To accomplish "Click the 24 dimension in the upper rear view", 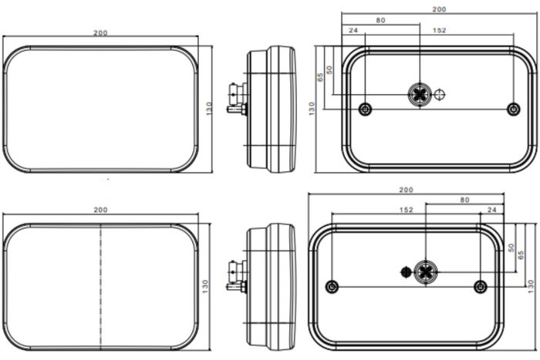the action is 353,30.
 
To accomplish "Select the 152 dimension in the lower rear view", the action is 406,210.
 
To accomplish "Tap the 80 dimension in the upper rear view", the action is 380,20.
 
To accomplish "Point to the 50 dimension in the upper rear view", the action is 329,70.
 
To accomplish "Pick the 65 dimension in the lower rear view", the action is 521,255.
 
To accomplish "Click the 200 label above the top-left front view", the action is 100,33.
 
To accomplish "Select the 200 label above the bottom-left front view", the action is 100,210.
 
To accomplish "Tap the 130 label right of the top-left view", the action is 209,109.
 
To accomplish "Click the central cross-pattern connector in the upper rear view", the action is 420,93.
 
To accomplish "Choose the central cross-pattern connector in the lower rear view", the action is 426,272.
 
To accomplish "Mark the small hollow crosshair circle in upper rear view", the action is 440,94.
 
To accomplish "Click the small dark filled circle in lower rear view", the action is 407,272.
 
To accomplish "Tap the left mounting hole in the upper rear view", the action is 365,109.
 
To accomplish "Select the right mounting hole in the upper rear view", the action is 514,109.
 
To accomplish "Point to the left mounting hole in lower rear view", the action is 332,286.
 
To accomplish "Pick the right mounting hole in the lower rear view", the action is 481,286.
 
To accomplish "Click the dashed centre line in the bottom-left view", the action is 100,286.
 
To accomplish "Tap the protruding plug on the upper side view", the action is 236,99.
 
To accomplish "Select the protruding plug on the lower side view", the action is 236,277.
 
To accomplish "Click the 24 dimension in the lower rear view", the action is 492,210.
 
